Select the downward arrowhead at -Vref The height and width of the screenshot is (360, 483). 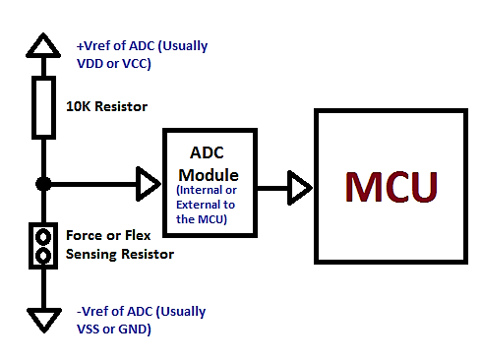43,319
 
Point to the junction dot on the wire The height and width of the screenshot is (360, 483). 43,183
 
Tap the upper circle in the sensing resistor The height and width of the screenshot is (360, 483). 43,236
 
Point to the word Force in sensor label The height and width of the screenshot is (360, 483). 84,236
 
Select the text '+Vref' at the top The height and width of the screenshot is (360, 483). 94,46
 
